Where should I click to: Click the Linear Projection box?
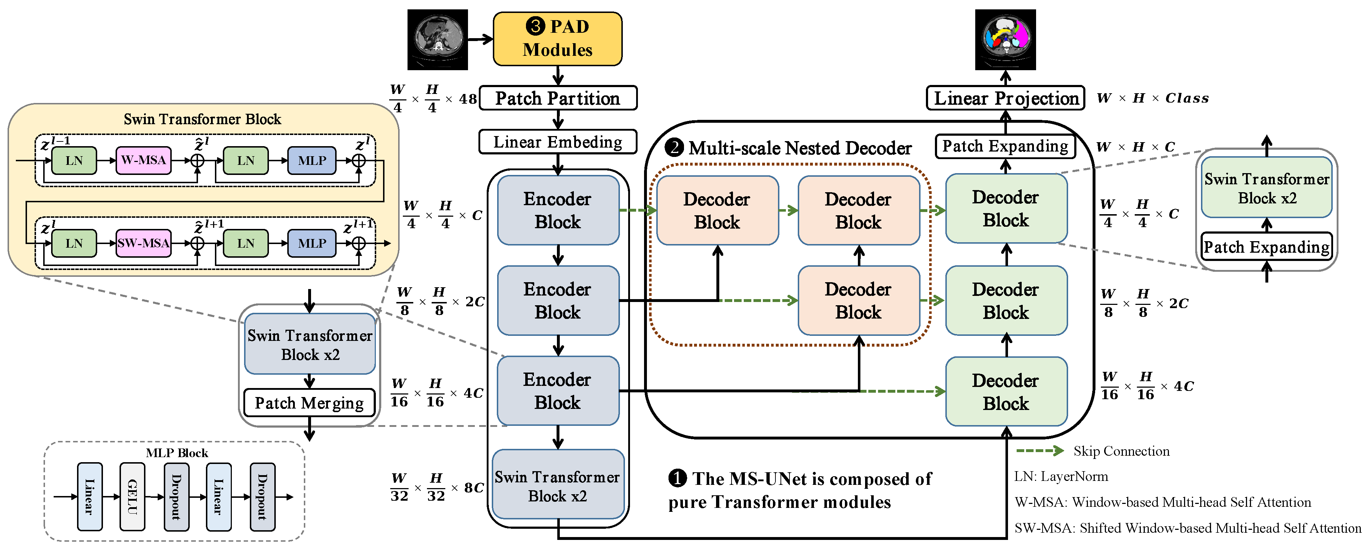point(1005,98)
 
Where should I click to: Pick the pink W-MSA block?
point(143,160)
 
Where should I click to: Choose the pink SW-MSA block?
point(143,243)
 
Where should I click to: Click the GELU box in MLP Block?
point(132,496)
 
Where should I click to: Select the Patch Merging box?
point(309,403)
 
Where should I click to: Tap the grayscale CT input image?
point(437,39)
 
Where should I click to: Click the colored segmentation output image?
point(1005,39)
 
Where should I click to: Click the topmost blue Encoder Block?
point(558,210)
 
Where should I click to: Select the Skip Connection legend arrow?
point(1039,451)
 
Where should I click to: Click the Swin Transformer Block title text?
point(202,119)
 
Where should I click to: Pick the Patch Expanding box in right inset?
point(1266,247)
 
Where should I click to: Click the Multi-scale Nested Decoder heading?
point(799,148)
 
